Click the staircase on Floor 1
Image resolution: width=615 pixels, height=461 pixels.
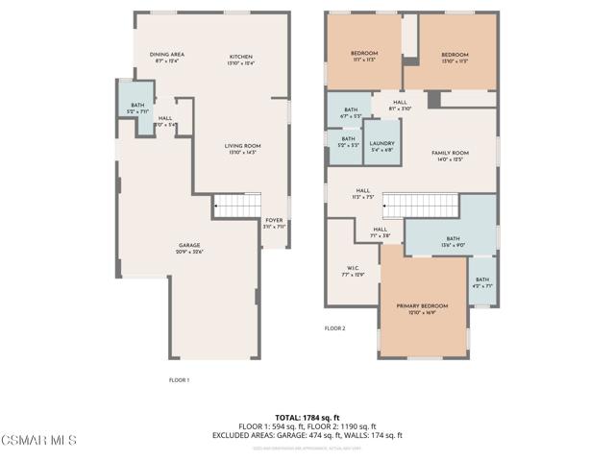click(x=236, y=204)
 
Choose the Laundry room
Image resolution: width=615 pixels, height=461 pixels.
click(x=381, y=146)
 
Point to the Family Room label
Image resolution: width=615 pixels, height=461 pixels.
click(x=449, y=156)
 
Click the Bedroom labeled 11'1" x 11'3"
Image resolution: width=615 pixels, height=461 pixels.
click(x=364, y=55)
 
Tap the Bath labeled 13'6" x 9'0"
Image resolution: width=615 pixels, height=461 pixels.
click(x=454, y=241)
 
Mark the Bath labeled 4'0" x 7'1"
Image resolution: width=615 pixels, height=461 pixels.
click(x=481, y=282)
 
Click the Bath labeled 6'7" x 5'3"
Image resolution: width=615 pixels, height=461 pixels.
click(x=350, y=112)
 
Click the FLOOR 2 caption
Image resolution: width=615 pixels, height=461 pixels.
click(x=334, y=328)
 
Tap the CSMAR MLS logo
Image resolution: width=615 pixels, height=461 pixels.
click(x=38, y=440)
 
